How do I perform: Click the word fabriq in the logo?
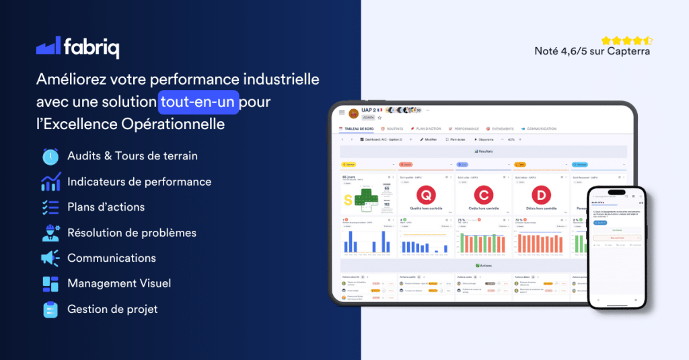(x=92, y=47)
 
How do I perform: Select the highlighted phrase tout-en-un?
(x=199, y=102)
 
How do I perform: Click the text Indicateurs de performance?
(x=139, y=182)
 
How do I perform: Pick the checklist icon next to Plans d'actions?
(x=50, y=207)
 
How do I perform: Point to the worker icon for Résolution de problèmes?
(x=50, y=233)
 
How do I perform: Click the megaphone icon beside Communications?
(x=50, y=258)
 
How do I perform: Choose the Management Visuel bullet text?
(x=119, y=284)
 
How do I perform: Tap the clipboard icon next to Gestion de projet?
(x=50, y=310)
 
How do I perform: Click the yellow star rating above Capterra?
(x=626, y=40)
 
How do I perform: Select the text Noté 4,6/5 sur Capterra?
(x=592, y=51)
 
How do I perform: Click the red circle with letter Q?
(x=426, y=194)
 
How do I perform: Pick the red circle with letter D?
(x=541, y=194)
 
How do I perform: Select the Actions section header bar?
(x=483, y=266)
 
